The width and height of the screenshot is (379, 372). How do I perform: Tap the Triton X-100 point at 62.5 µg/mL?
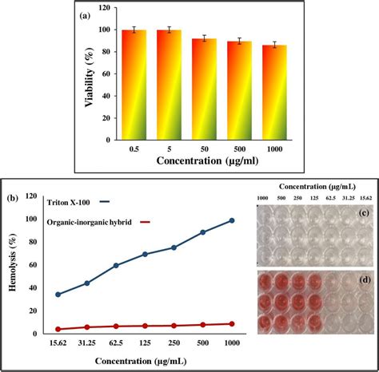(117, 265)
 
